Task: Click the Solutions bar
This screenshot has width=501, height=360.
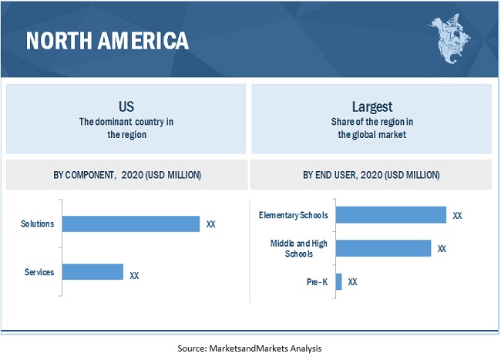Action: point(130,224)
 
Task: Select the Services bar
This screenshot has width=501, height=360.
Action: point(92,272)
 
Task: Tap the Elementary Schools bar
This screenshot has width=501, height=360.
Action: point(391,215)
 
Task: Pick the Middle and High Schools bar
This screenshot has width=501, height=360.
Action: point(383,248)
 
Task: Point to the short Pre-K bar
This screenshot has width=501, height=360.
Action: point(338,281)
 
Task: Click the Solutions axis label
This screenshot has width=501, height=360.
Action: point(38,224)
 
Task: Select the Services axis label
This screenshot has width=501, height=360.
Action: point(39,272)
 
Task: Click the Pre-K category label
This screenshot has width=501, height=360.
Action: point(317,282)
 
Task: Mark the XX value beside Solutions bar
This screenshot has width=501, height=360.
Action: point(211,225)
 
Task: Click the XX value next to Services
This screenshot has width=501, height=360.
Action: point(134,274)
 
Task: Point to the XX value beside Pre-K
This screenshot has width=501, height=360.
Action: point(352,282)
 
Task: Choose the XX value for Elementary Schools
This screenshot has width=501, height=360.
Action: point(457,216)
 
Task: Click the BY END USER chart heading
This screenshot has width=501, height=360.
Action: point(372,176)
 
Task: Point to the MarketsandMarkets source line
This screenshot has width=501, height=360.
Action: point(250,348)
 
